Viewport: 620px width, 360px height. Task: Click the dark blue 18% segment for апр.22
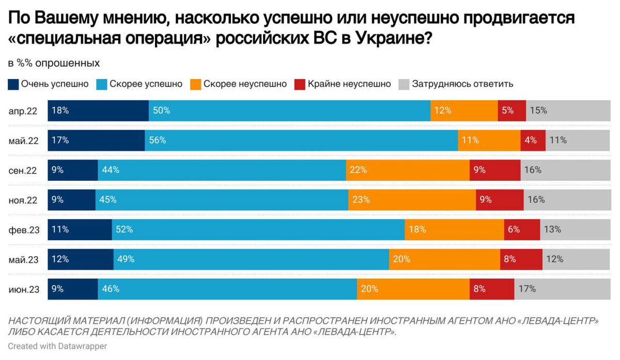98,111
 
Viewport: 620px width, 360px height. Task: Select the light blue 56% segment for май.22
301,140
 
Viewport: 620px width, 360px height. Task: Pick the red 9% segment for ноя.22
499,199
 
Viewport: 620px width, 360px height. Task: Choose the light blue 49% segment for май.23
251,259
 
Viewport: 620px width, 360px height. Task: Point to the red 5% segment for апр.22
512,111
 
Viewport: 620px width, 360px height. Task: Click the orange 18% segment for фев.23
454,229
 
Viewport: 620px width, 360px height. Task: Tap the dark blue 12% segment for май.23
81,259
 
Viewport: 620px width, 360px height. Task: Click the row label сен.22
23,170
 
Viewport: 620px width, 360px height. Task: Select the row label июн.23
23,289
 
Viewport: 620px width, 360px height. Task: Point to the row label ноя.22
23,200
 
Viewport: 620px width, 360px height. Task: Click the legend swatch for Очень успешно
13,84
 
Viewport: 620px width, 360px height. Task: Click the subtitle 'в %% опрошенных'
54,63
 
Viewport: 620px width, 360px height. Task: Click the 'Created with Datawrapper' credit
57,346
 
